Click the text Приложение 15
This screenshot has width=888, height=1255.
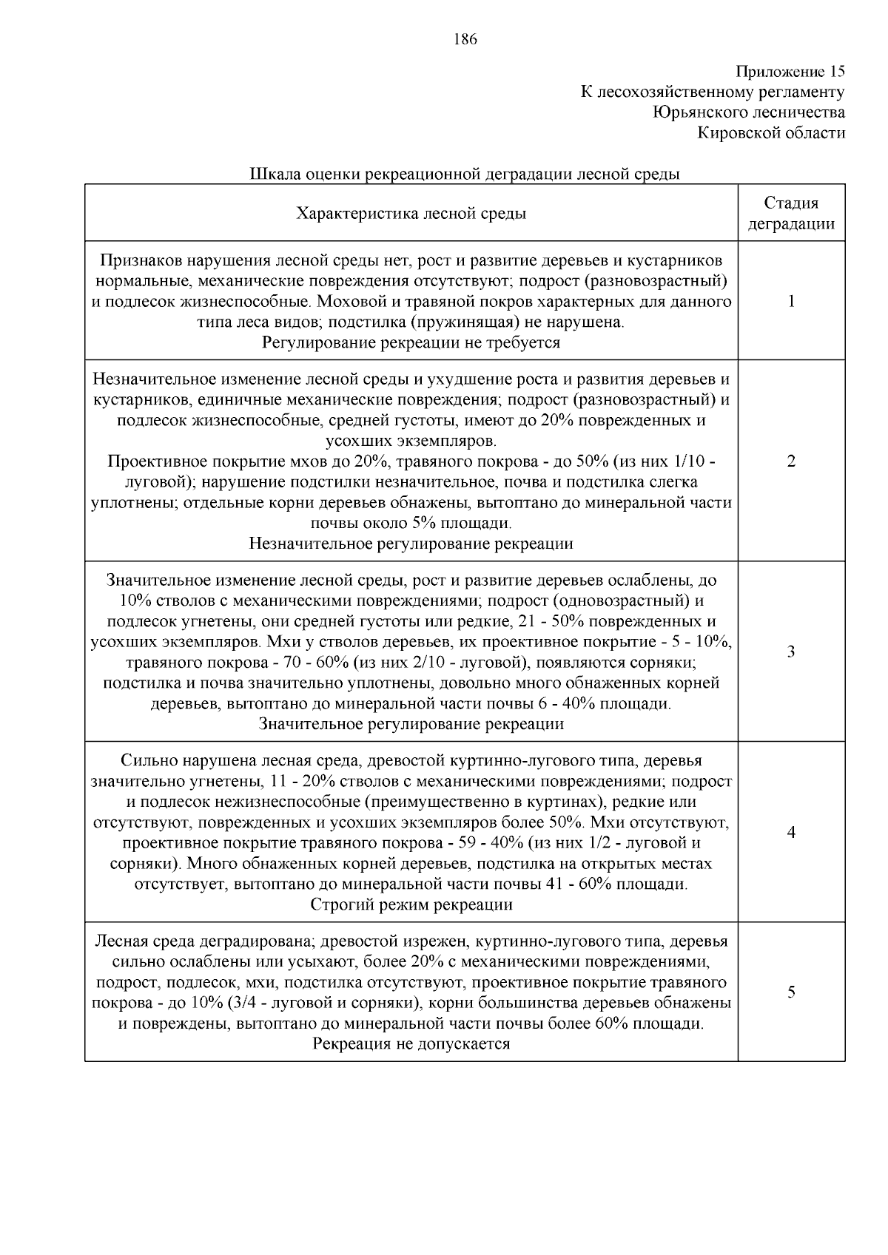coord(790,72)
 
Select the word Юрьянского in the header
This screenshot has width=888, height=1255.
coord(700,112)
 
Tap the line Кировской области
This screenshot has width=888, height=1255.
coord(771,133)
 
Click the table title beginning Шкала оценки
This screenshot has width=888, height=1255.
coord(464,175)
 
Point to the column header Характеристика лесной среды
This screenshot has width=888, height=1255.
coord(411,214)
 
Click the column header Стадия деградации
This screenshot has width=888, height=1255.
coord(791,214)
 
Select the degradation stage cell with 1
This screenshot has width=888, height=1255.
coord(791,301)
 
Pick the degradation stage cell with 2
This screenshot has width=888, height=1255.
coord(791,461)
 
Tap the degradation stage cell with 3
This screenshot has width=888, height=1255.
coord(791,652)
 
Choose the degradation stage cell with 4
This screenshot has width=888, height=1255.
coord(791,832)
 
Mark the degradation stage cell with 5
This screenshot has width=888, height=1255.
coord(791,992)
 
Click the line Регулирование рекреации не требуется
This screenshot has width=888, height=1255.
coord(411,343)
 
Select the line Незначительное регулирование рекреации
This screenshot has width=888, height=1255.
coord(411,544)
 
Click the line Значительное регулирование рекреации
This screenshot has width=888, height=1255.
coord(411,724)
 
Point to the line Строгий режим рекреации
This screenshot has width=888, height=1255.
coord(411,904)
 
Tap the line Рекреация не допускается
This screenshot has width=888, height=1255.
coord(411,1044)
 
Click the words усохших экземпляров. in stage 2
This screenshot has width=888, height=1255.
coord(411,442)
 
